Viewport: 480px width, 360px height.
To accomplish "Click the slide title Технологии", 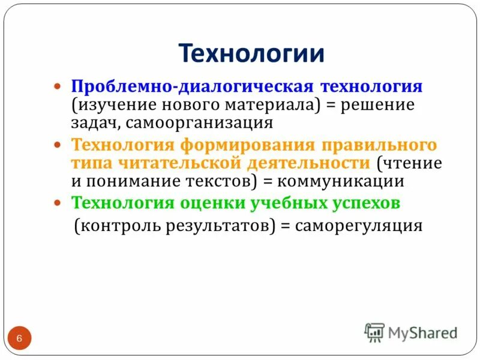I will point(251,53).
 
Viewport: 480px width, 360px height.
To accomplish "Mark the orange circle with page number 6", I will point(19,339).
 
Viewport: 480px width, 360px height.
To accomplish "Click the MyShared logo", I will point(411,332).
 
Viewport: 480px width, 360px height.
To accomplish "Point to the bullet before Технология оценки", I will point(58,203).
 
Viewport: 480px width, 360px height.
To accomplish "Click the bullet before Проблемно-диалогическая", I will point(58,87).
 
